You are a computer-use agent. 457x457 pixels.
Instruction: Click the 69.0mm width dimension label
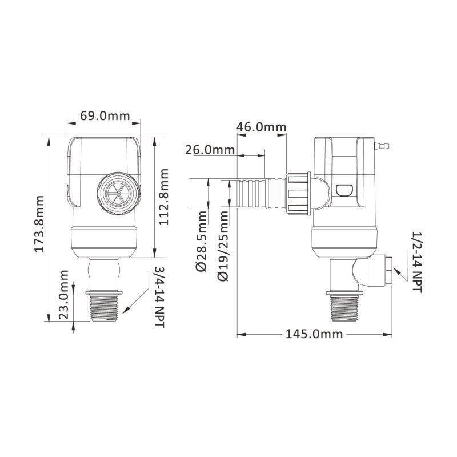point(105,116)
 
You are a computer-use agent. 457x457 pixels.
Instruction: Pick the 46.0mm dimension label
point(261,127)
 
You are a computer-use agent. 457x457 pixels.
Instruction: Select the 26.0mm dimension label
point(210,150)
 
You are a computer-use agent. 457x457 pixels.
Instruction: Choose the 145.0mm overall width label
point(315,334)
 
